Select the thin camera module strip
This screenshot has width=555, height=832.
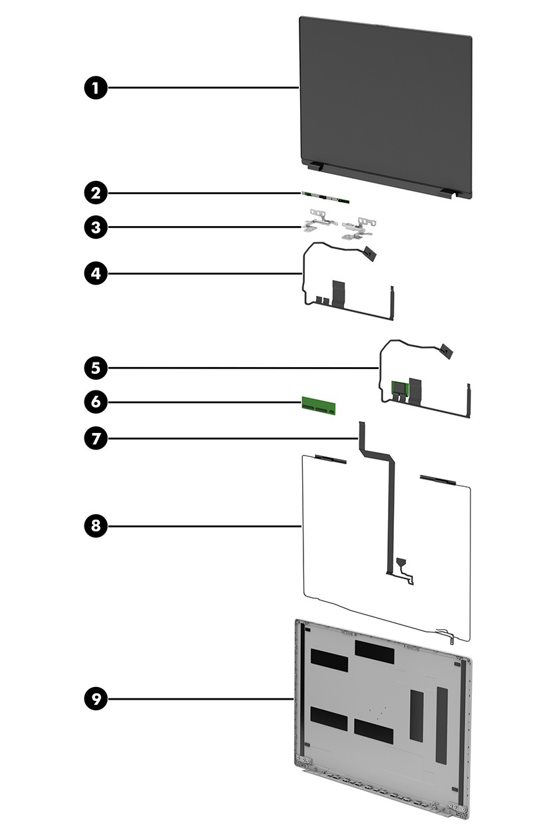pyautogui.click(x=325, y=197)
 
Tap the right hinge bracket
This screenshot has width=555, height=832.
pyautogui.click(x=360, y=227)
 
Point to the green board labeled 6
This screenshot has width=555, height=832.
pyautogui.click(x=319, y=404)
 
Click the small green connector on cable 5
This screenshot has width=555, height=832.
pyautogui.click(x=399, y=387)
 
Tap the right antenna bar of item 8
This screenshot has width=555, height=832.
pyautogui.click(x=437, y=480)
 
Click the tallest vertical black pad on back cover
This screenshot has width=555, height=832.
pyautogui.click(x=441, y=724)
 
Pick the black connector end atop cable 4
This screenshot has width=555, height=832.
pyautogui.click(x=371, y=253)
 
